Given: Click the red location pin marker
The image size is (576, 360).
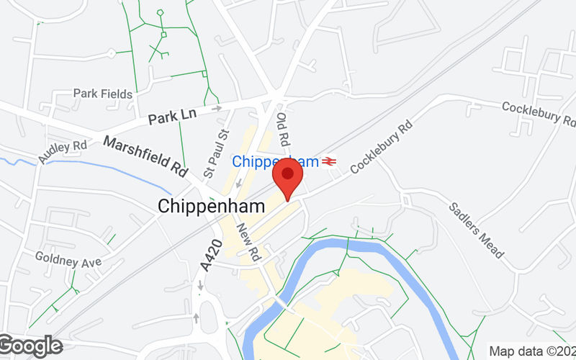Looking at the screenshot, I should [x=287, y=177].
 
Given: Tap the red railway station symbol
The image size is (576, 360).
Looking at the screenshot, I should [x=329, y=161].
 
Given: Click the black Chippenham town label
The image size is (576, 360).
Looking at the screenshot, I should [x=211, y=207].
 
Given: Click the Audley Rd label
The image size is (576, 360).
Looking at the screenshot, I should [x=63, y=151].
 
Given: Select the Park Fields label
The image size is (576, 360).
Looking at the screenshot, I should [x=103, y=94].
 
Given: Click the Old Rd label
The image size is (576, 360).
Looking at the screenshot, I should [x=282, y=126].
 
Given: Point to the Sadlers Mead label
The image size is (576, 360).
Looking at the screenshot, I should [x=476, y=230].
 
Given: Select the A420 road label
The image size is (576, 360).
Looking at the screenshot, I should [x=207, y=257].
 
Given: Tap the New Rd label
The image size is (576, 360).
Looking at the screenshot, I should [x=246, y=242].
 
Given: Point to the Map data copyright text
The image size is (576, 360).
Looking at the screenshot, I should [x=531, y=351].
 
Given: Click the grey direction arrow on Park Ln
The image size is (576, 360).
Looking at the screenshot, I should [x=216, y=109].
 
